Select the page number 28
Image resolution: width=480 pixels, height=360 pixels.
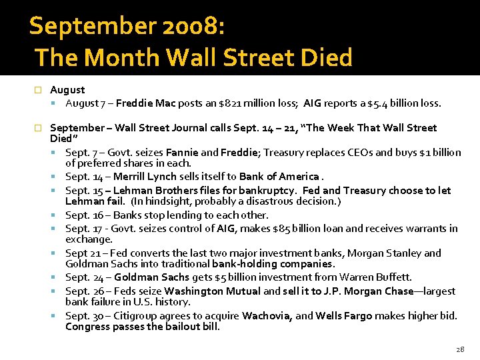tap(459, 349)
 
